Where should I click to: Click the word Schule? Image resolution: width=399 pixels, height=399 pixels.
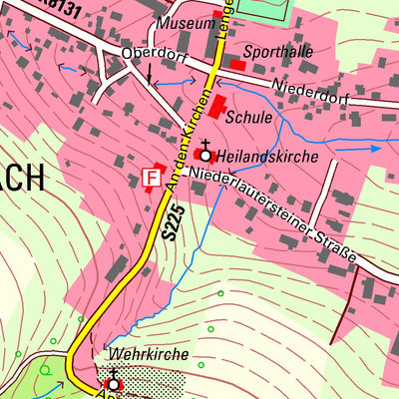(249, 117)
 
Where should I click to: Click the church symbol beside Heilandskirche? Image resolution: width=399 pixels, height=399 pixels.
(205, 153)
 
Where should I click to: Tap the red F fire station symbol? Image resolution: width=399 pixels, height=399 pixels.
(152, 178)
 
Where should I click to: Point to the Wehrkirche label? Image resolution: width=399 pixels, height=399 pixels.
(135, 354)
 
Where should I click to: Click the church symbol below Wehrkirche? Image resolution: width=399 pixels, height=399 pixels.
(114, 381)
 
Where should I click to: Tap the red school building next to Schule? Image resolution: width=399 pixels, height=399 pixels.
(216, 107)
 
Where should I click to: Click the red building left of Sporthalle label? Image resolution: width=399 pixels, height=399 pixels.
(237, 65)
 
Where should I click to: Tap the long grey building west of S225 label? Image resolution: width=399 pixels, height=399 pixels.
(117, 267)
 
